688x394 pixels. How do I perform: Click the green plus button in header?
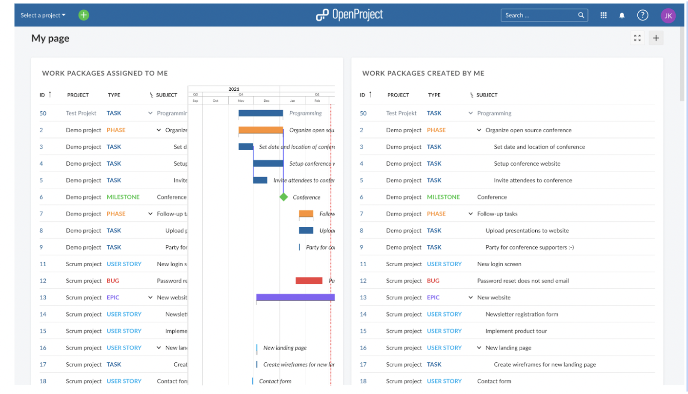(83, 15)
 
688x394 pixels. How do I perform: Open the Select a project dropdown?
(43, 15)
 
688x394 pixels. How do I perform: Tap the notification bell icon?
(622, 16)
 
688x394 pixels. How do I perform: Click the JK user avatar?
(668, 16)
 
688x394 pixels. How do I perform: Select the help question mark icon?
(643, 15)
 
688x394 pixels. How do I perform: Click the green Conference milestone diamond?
(283, 197)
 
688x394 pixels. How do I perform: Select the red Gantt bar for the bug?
(309, 280)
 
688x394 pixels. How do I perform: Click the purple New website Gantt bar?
(295, 297)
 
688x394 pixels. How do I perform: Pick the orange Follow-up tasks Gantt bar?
(306, 214)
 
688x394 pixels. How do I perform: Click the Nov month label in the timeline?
(241, 100)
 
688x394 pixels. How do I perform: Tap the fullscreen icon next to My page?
(637, 38)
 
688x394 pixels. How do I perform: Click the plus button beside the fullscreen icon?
(656, 38)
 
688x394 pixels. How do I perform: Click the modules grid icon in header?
(604, 16)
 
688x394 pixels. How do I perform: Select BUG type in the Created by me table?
(433, 281)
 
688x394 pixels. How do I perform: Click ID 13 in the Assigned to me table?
(43, 297)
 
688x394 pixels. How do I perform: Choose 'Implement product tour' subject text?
(516, 331)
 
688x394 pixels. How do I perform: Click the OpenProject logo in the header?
(349, 15)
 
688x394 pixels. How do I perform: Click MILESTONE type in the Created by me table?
(443, 197)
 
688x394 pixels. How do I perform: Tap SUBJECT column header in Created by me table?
(486, 95)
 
